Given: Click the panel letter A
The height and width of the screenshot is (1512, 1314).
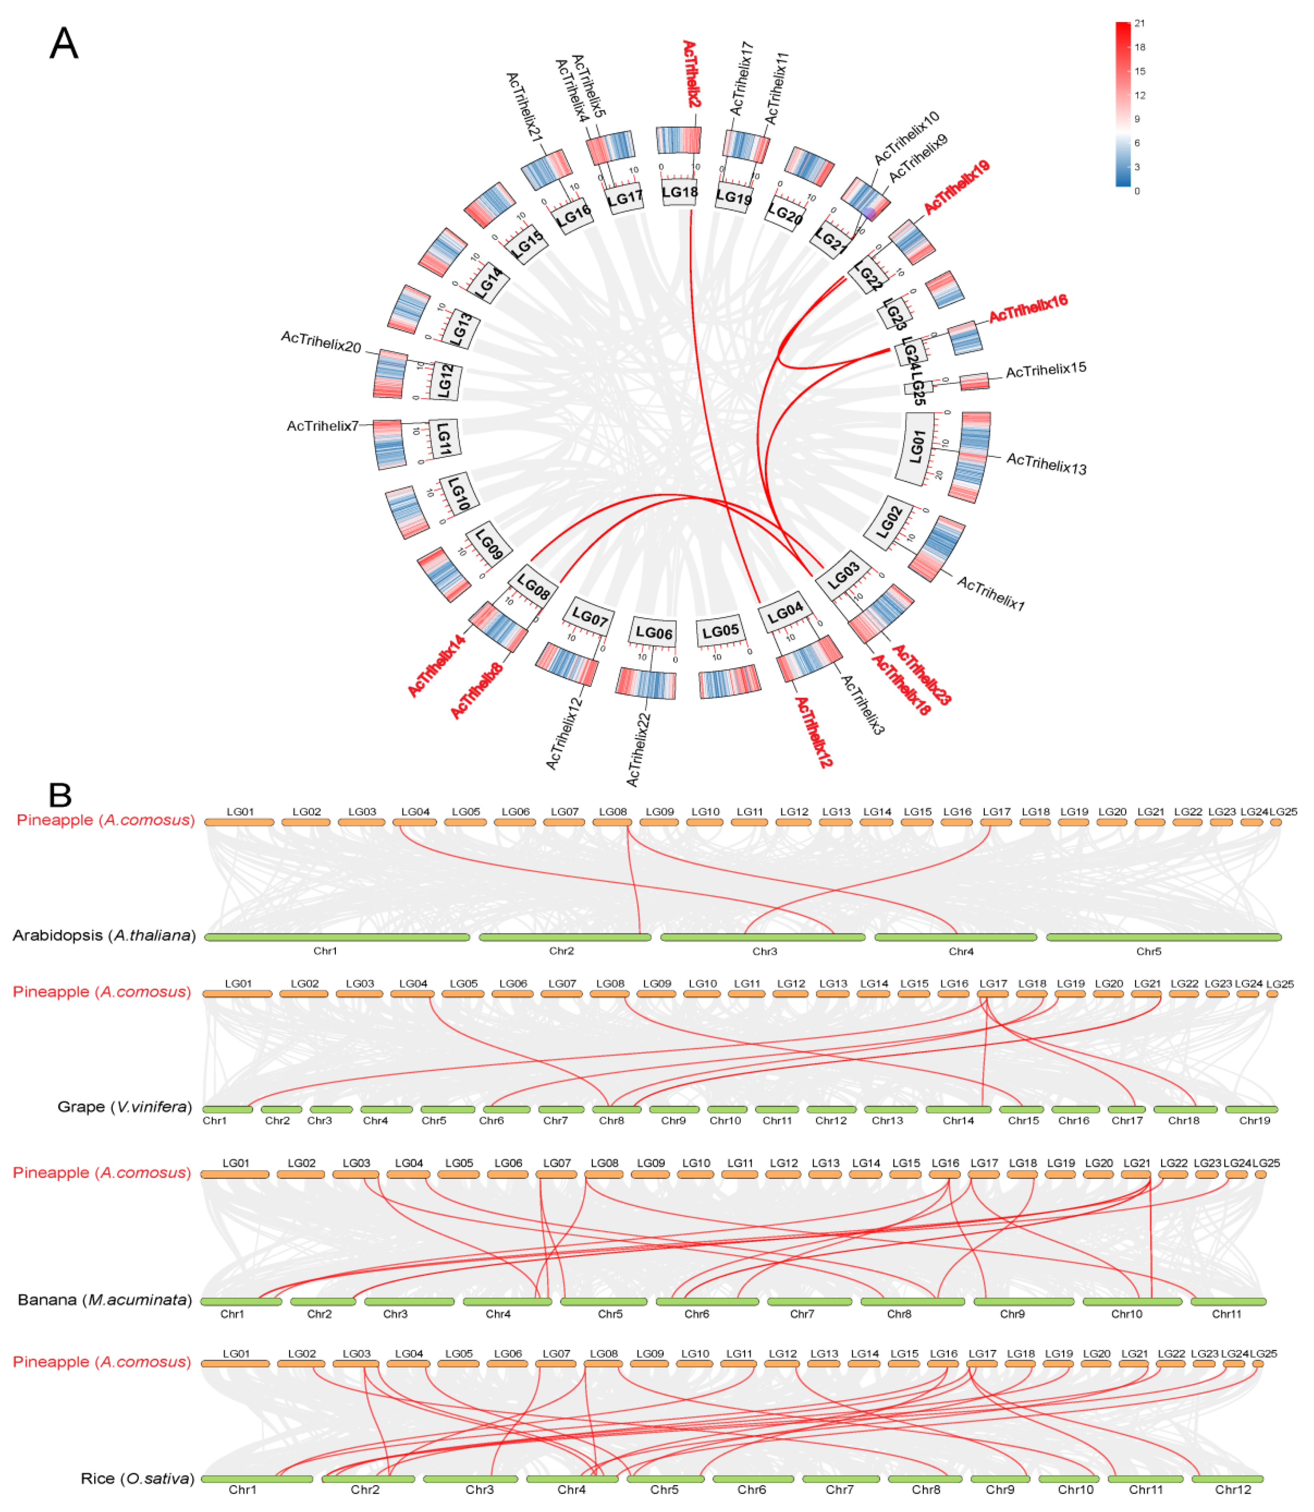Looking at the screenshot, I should point(64,44).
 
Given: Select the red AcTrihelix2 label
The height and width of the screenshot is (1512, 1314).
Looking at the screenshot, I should point(691,73).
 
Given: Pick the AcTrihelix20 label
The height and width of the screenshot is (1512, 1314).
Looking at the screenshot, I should point(321,342).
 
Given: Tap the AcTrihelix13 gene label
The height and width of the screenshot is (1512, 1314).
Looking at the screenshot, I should point(1046,463).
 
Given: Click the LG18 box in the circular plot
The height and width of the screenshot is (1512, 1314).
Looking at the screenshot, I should point(680,192).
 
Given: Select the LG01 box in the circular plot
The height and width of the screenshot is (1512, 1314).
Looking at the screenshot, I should point(917,447).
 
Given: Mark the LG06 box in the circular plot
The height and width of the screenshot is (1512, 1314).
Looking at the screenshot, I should point(653,632).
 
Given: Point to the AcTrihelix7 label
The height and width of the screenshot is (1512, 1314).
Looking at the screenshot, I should point(323,426).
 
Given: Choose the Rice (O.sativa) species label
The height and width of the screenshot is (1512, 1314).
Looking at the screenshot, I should point(137,1478).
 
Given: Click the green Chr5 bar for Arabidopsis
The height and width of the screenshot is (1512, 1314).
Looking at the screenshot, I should point(1164,937).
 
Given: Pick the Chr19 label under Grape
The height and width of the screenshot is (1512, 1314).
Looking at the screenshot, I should point(1254,1121).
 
